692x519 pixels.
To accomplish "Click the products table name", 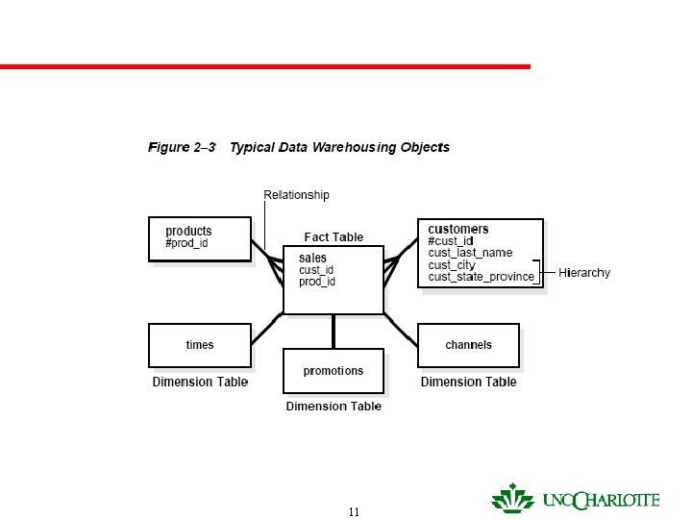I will (188, 231).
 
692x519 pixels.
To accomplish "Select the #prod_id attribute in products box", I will (186, 243).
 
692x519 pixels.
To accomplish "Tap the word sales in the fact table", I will (312, 259).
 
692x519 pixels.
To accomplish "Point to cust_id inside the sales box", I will (316, 270).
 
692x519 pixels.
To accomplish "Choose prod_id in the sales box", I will (317, 282).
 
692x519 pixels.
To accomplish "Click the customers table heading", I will (458, 229).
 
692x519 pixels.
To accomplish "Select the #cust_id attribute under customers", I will (451, 241).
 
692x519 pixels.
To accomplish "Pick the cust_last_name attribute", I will (470, 253).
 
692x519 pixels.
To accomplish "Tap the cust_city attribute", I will (452, 265).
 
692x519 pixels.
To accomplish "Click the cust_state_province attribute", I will (481, 277).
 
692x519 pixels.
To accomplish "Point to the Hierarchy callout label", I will (584, 273).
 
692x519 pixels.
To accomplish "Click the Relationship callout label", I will (296, 195).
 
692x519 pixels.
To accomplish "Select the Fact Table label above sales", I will (334, 236).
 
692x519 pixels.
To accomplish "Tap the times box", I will (200, 345).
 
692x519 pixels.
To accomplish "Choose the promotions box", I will (334, 370).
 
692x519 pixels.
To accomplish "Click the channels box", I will (468, 345).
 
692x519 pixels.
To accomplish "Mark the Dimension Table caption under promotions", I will (334, 407).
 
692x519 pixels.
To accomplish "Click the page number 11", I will (354, 512).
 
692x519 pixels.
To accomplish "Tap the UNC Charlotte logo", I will (576, 500).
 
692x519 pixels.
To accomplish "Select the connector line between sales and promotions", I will (334, 331).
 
